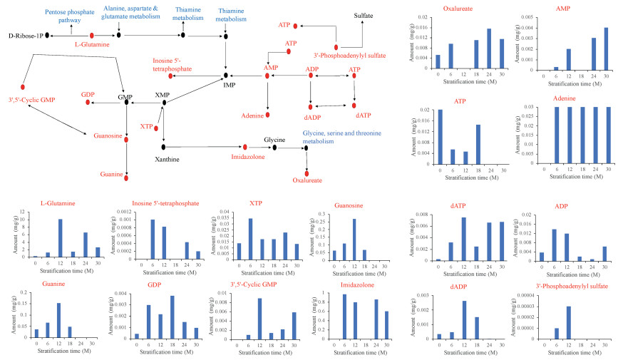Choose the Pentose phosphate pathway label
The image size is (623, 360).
(x=71, y=16)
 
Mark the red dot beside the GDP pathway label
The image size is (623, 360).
(x=88, y=103)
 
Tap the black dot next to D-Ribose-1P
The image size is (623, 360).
(x=47, y=34)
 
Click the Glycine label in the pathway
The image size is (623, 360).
(x=274, y=140)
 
